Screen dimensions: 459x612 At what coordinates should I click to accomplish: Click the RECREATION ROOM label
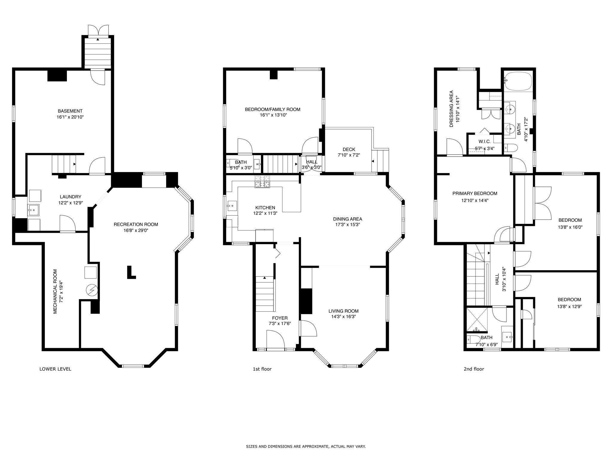pyautogui.click(x=136, y=224)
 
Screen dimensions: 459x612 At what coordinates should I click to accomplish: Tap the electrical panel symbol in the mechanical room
pyautogui.click(x=92, y=290)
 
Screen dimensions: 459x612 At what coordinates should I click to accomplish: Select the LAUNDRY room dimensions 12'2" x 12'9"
pyautogui.click(x=71, y=203)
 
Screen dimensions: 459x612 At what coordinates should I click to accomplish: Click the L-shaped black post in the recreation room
pyautogui.click(x=131, y=273)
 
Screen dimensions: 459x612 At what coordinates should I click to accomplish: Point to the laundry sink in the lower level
pyautogui.click(x=33, y=210)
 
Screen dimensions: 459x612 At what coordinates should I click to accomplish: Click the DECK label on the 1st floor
pyautogui.click(x=349, y=149)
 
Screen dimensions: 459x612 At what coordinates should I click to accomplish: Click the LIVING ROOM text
pyautogui.click(x=343, y=311)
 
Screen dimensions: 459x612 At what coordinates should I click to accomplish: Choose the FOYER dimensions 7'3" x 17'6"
pyautogui.click(x=280, y=324)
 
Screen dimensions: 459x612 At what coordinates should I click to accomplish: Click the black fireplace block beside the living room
pyautogui.click(x=306, y=301)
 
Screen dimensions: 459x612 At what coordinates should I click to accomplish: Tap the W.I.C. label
pyautogui.click(x=484, y=142)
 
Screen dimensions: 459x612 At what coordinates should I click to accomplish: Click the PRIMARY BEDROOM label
pyautogui.click(x=475, y=194)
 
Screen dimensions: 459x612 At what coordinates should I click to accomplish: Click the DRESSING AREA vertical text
pyautogui.click(x=452, y=109)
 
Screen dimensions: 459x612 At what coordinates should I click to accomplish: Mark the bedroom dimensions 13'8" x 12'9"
pyautogui.click(x=569, y=306)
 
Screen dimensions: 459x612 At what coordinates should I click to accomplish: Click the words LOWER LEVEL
pyautogui.click(x=55, y=369)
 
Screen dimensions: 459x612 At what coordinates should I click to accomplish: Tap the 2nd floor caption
pyautogui.click(x=474, y=369)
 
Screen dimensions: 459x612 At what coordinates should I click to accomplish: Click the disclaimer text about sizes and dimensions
pyautogui.click(x=306, y=447)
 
